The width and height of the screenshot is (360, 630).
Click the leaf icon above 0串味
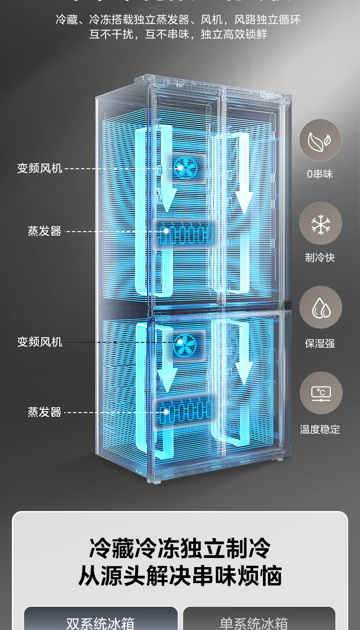click(320, 140)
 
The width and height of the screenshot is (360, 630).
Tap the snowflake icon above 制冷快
click(320, 223)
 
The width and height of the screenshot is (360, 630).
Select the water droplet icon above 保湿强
click(320, 307)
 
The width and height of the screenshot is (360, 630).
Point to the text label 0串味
click(320, 174)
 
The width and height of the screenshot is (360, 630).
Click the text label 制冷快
click(320, 258)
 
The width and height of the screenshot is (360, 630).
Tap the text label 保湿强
click(320, 343)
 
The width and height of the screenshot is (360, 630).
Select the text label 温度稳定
click(320, 429)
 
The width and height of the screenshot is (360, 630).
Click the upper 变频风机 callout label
click(40, 168)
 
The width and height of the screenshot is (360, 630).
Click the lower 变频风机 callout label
click(40, 341)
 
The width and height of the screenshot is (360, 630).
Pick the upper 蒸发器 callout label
click(45, 231)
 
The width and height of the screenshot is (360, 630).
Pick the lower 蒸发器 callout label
click(45, 412)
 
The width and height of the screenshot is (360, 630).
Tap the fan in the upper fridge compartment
click(185, 168)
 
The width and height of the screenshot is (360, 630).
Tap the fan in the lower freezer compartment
click(185, 345)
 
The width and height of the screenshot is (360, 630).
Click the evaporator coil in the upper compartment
click(187, 233)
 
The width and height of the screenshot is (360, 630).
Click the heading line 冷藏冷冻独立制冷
click(180, 548)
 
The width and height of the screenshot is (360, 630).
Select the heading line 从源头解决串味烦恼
click(180, 576)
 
